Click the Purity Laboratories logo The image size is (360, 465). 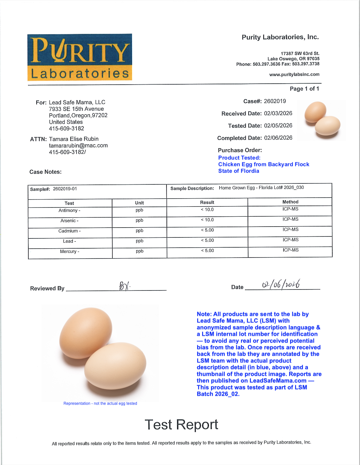tap(80, 57)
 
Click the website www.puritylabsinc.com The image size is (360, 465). tap(294, 74)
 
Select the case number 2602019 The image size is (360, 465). tap(275, 101)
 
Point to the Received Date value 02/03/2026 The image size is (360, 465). tap(278, 113)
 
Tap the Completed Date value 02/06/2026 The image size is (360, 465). tap(278, 138)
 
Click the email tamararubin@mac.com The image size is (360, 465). tap(78, 146)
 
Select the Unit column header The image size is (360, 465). tap(139, 203)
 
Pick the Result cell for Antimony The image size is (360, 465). tap(207, 210)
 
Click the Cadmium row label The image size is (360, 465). tap(70, 231)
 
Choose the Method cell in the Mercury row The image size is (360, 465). tap(290, 250)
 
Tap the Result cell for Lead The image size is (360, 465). tap(207, 240)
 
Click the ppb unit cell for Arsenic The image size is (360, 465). tap(139, 220)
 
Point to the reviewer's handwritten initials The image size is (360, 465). tap(124, 286)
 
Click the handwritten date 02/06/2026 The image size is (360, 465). tap(281, 284)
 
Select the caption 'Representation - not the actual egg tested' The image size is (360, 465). tap(100, 403)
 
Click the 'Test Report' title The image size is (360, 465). tap(181, 425)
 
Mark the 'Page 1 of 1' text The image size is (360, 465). tap(304, 89)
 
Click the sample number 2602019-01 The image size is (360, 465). tap(65, 189)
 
